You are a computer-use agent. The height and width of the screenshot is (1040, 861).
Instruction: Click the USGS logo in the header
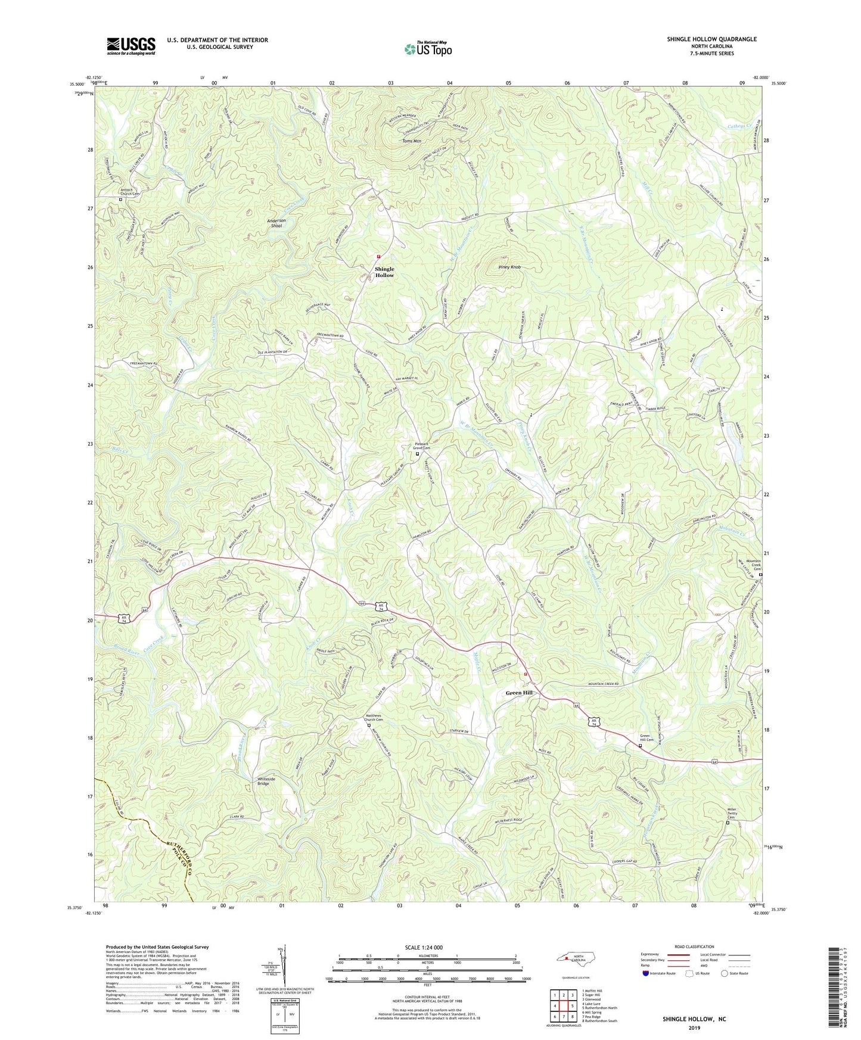pos(131,46)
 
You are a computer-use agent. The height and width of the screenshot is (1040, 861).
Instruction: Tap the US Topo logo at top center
pos(427,49)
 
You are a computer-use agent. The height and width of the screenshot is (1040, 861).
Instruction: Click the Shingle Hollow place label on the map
pos(384,272)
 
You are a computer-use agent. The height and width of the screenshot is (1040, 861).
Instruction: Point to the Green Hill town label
pos(519,693)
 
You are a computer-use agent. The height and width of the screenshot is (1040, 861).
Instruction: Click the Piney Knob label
pos(509,267)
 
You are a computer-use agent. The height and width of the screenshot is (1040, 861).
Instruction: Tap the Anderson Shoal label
pos(276,223)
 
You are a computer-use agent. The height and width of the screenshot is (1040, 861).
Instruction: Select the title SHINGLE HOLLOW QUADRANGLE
pos(711,39)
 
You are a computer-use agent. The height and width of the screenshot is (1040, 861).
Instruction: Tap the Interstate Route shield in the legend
pos(646,973)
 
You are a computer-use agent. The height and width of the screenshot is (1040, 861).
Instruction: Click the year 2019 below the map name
pos(694,1027)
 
